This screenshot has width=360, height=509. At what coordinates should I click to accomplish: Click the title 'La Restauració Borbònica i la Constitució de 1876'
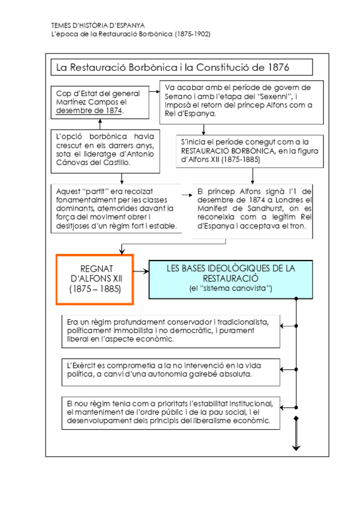click(x=173, y=67)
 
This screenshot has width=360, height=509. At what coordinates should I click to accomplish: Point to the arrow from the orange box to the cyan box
click(x=140, y=271)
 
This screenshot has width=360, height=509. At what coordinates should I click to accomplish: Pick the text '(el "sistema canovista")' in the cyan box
click(x=230, y=289)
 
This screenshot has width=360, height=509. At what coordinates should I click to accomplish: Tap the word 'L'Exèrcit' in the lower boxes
click(x=83, y=366)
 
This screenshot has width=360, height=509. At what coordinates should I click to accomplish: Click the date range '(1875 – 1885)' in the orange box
click(x=94, y=289)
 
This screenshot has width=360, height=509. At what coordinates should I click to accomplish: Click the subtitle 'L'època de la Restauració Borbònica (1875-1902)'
click(x=131, y=35)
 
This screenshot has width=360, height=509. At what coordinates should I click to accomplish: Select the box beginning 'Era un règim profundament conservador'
click(x=170, y=330)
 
